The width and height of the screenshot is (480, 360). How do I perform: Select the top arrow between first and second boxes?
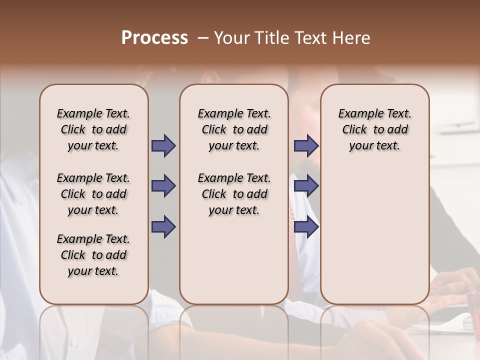(163, 146)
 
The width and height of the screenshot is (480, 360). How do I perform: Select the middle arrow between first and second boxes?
(163, 186)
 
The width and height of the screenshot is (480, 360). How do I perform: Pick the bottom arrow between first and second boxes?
(163, 227)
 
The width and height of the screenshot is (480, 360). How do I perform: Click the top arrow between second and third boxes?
(306, 146)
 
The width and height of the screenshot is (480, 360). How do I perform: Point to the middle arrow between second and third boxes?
(306, 186)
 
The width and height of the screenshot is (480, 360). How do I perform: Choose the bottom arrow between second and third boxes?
(306, 227)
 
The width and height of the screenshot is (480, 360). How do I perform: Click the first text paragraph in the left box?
(93, 129)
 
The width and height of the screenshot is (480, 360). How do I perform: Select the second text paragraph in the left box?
(93, 194)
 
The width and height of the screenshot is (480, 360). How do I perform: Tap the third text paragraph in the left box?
(93, 255)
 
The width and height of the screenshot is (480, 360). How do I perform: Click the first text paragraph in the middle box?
(234, 129)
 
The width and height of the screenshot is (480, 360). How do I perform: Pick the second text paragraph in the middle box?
(234, 194)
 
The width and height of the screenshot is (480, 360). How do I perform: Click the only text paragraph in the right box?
(374, 129)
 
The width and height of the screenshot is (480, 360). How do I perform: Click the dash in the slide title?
(202, 38)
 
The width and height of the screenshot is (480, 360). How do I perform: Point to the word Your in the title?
(231, 38)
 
